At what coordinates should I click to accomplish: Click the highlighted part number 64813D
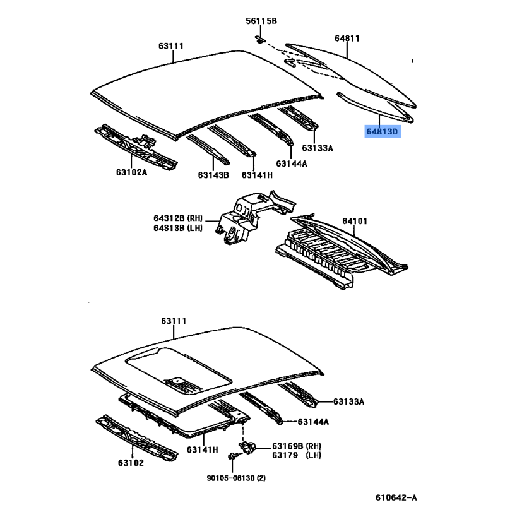pyautogui.click(x=383, y=131)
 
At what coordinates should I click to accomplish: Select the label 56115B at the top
pyautogui.click(x=261, y=21)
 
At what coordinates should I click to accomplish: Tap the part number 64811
pyautogui.click(x=347, y=39)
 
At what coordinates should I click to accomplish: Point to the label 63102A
pyautogui.click(x=131, y=172)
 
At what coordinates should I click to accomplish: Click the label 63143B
pyautogui.click(x=213, y=175)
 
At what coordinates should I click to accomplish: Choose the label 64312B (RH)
pyautogui.click(x=178, y=218)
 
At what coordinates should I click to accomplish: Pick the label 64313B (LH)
pyautogui.click(x=178, y=228)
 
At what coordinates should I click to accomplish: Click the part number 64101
pyautogui.click(x=355, y=221)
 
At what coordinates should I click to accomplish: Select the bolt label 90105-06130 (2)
pyautogui.click(x=236, y=478)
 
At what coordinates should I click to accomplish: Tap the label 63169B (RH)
pyautogui.click(x=297, y=446)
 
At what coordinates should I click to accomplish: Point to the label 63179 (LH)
pyautogui.click(x=297, y=455)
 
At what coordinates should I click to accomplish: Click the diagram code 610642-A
pyautogui.click(x=396, y=497)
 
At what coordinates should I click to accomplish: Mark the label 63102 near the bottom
pyautogui.click(x=131, y=463)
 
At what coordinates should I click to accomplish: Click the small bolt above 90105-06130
pyautogui.click(x=233, y=456)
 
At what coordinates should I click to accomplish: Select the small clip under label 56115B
pyautogui.click(x=260, y=40)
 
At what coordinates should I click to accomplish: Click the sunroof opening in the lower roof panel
pyautogui.click(x=178, y=371)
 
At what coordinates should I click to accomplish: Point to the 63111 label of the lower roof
pyautogui.click(x=174, y=321)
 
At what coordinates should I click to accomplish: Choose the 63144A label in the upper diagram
pyautogui.click(x=292, y=164)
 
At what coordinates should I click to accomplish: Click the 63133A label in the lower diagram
pyautogui.click(x=348, y=401)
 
